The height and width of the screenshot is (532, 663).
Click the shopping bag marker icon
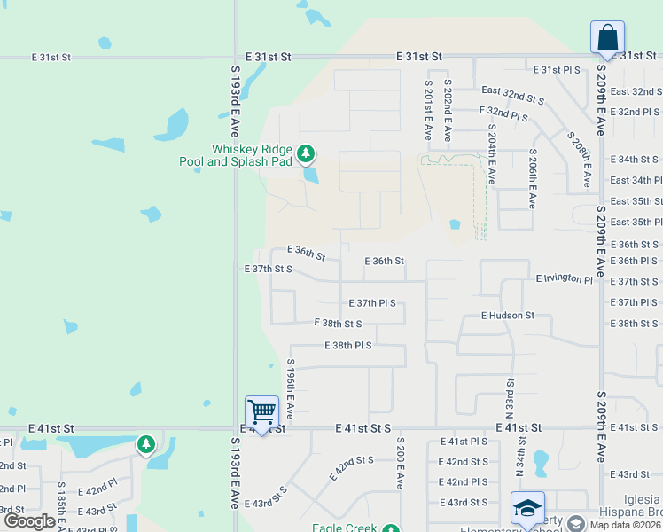[x=607, y=38]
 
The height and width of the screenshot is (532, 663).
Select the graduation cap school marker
[x=527, y=507]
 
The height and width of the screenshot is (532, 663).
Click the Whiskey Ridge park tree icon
[x=305, y=155]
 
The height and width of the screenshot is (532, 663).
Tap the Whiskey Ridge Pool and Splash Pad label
[x=251, y=155]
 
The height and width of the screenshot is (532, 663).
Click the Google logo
[x=28, y=521]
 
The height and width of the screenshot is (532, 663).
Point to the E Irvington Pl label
[x=564, y=279]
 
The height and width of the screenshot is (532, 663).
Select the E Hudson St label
[x=508, y=315]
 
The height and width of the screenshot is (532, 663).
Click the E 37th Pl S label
[x=372, y=303]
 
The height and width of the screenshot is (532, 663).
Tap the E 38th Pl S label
[x=348, y=345]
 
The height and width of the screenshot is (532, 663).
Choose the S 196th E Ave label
[x=290, y=389]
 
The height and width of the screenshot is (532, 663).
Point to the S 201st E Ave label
[x=428, y=110]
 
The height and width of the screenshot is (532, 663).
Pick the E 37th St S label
[x=268, y=268]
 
